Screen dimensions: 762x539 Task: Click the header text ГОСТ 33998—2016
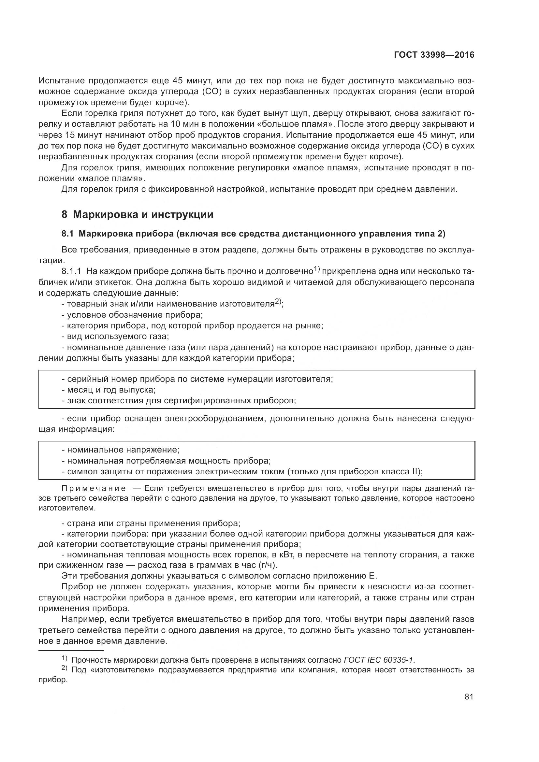[x=434, y=55]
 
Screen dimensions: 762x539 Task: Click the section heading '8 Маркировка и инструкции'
[x=138, y=215]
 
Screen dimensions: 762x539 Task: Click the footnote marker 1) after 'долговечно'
[x=316, y=269]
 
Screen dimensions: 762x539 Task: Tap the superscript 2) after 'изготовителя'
[x=278, y=302]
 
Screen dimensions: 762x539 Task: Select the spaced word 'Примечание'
[x=94, y=489]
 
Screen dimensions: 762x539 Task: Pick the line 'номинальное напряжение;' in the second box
[x=121, y=450]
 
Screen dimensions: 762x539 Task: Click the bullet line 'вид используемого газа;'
[x=115, y=337]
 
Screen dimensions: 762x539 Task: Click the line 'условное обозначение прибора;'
[x=132, y=315]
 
